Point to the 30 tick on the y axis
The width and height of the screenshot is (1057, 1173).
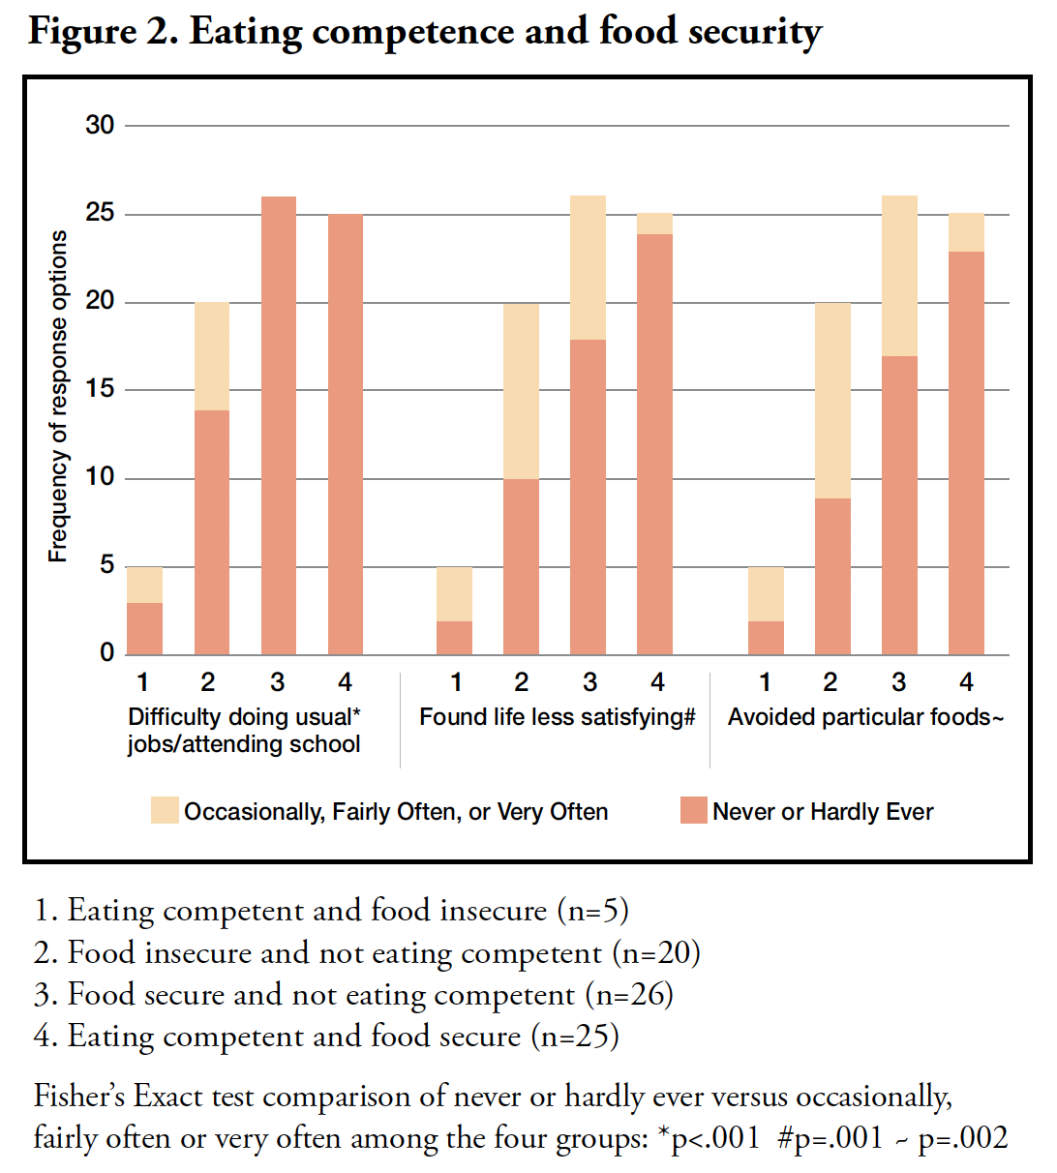coord(100,125)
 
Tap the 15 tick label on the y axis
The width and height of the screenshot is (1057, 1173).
coord(100,389)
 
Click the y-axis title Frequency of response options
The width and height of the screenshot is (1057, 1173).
coord(59,397)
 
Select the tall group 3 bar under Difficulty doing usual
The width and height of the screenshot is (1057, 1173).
coord(279,426)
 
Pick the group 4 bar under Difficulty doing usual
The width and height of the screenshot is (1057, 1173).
coord(346,435)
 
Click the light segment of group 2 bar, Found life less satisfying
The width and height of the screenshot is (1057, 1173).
coord(522,391)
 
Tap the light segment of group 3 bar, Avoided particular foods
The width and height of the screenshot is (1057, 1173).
coord(899,276)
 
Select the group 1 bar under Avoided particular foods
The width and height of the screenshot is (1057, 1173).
coord(766,611)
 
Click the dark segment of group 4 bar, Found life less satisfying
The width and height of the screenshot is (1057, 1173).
coord(655,444)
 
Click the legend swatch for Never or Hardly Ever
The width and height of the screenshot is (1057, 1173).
coord(694,811)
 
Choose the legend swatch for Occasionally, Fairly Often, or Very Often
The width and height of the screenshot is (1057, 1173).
coord(165,811)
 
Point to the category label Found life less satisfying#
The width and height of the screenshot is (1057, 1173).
coord(558,717)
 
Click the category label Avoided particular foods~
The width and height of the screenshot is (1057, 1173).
coord(866,717)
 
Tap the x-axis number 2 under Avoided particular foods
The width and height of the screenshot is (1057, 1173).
coord(830,682)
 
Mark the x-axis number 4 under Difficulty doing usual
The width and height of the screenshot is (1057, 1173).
coord(346,682)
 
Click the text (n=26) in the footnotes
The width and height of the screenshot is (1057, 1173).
coord(629,995)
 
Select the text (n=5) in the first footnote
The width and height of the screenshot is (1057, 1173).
coord(593,911)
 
